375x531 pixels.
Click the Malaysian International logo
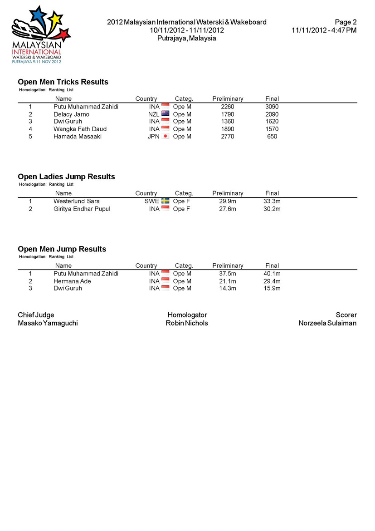click(x=41, y=35)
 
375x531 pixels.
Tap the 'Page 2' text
click(x=346, y=22)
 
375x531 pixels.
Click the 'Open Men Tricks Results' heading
click(x=63, y=82)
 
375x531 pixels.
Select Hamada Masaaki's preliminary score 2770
click(x=228, y=137)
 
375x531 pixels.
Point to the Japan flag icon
click(x=166, y=136)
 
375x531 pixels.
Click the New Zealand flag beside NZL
click(x=166, y=114)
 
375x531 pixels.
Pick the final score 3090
click(x=272, y=107)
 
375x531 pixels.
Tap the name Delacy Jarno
click(x=72, y=114)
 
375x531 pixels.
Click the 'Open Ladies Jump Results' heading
click(x=66, y=177)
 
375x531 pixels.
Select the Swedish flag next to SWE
click(x=166, y=201)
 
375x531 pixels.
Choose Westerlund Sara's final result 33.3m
click(x=272, y=201)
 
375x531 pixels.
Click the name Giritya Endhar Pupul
click(x=82, y=209)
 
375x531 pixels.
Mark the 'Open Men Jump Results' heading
click(x=62, y=249)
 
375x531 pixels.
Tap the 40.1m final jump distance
click(x=272, y=274)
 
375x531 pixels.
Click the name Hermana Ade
click(x=73, y=281)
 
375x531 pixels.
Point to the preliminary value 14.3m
click(x=228, y=288)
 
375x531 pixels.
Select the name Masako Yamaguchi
click(x=48, y=323)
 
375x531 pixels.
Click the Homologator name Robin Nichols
click(x=187, y=323)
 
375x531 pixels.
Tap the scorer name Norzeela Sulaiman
click(x=327, y=323)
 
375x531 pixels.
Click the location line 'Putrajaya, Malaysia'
click(x=186, y=38)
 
